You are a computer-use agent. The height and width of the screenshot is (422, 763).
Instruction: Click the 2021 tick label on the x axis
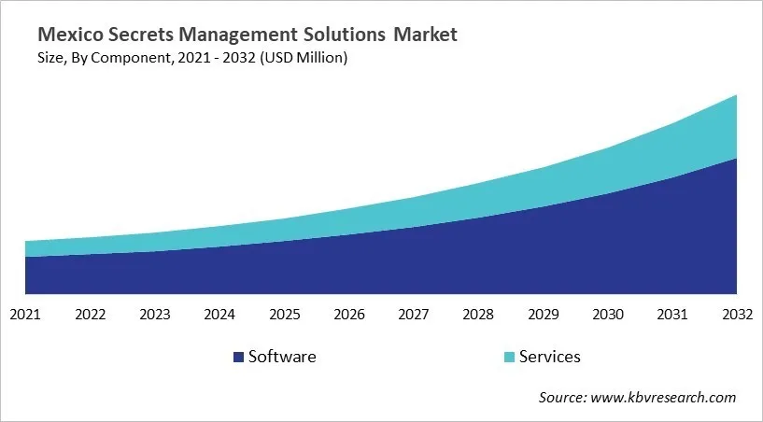pos(25,315)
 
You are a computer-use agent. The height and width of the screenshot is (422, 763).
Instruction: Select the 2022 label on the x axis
pos(90,315)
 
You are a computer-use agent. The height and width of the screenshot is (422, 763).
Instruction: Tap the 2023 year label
pos(154,315)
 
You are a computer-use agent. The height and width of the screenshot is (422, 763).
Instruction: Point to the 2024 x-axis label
pos(219,315)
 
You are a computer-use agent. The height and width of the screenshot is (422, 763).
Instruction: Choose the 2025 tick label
pos(284,315)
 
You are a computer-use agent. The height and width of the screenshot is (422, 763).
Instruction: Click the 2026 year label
pos(348,315)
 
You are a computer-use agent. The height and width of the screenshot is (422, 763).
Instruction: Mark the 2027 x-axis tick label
pos(414,315)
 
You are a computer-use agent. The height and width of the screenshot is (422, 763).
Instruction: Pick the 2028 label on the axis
pos(478,315)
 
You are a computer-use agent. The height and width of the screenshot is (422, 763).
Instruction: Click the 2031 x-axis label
pos(672,315)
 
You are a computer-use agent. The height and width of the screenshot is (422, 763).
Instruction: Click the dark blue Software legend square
pos(238,357)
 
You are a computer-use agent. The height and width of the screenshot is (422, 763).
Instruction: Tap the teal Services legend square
pos(508,357)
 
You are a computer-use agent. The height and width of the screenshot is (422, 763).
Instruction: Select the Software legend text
pos(282,357)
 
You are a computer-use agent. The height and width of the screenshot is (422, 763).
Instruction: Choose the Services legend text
pos(550,357)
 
